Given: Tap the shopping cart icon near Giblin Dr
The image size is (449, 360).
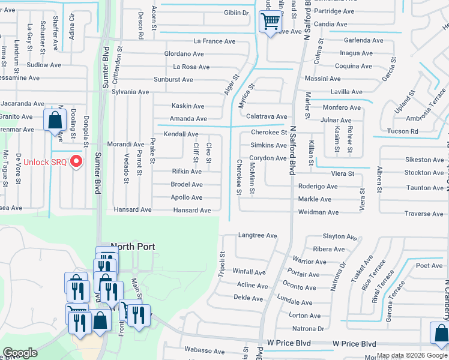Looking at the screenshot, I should pyautogui.click(x=271, y=22).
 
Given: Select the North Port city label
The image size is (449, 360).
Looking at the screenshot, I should pyautogui.click(x=133, y=247).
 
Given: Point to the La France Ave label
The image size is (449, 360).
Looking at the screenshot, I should pyautogui.click(x=214, y=41).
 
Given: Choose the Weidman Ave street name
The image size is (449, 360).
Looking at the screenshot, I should pyautogui.click(x=319, y=212).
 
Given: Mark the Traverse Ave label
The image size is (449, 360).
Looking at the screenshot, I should pyautogui.click(x=424, y=214).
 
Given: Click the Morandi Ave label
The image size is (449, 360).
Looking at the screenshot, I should pyautogui.click(x=125, y=145).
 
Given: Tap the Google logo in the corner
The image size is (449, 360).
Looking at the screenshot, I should pyautogui.click(x=20, y=353).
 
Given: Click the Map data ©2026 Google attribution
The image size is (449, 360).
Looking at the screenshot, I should pyautogui.click(x=411, y=355).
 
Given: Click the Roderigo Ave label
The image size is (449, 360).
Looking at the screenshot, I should pyautogui.click(x=318, y=187).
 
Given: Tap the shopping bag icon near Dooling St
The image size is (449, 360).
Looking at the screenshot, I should pyautogui.click(x=55, y=119).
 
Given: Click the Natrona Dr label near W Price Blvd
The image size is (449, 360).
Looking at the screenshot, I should pyautogui.click(x=307, y=329).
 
